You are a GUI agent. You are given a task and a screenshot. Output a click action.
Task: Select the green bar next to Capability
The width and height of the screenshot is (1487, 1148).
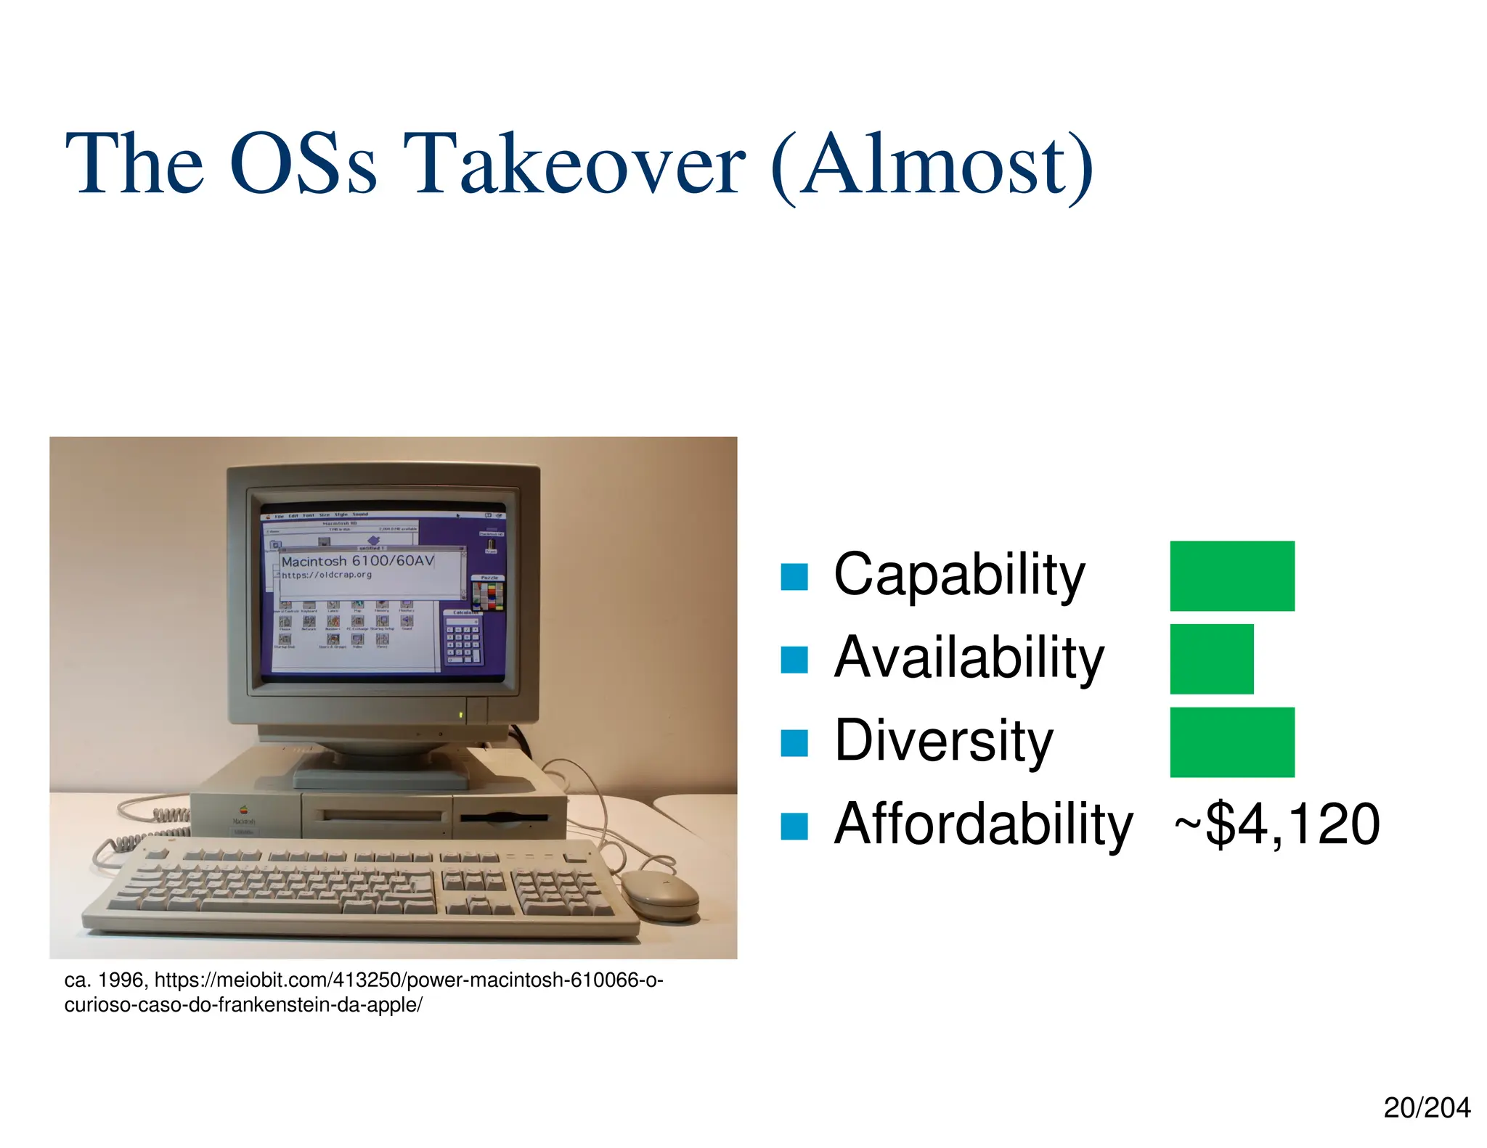point(1231,575)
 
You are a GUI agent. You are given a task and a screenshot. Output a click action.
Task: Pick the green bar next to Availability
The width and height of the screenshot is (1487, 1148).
point(1211,658)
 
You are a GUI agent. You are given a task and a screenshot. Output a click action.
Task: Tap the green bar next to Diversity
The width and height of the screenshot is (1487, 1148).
point(1231,742)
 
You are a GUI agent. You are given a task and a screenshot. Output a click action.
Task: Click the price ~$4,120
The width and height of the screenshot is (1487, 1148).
point(1276,824)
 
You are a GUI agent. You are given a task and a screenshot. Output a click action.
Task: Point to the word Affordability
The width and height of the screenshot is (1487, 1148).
point(982,824)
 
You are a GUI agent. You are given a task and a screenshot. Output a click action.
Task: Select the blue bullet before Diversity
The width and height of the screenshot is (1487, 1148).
point(794,743)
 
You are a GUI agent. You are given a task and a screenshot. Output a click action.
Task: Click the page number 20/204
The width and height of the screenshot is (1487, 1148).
point(1426,1109)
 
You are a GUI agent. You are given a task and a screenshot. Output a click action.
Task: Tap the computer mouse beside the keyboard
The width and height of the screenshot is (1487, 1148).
point(659,895)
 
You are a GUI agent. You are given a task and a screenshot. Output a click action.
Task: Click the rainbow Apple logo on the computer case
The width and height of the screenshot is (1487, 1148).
point(244,810)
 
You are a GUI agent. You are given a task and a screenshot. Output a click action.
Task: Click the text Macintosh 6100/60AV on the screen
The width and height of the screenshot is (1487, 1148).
point(357,561)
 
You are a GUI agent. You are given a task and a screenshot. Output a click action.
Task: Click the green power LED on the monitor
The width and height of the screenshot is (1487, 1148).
point(460,717)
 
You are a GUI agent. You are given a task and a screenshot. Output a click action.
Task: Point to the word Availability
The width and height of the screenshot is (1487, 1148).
point(969,658)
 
